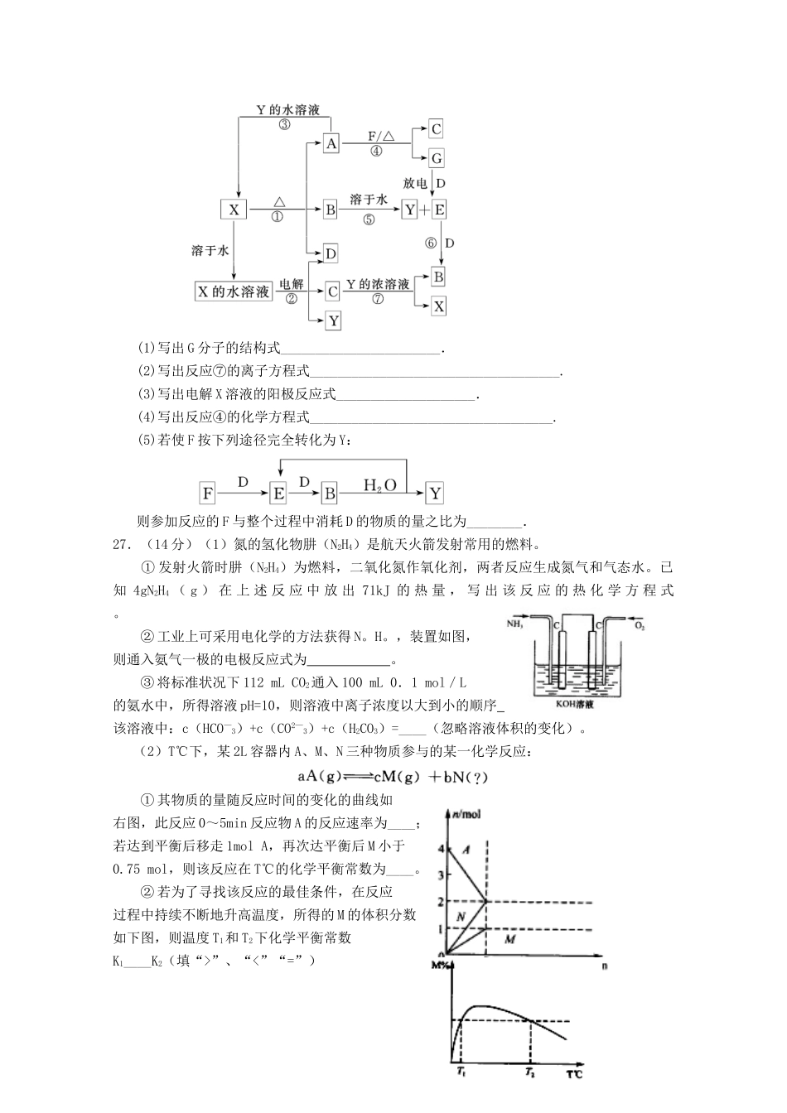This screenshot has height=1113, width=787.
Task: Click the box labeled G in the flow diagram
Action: (436, 158)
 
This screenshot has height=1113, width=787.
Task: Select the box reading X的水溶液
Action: (233, 291)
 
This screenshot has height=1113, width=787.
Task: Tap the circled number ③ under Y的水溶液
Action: (284, 125)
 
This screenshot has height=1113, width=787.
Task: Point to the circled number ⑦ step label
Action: (378, 299)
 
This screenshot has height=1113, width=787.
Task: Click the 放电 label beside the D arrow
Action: (416, 183)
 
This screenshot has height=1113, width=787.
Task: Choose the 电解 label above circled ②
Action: (291, 284)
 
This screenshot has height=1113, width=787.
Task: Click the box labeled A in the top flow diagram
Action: (331, 143)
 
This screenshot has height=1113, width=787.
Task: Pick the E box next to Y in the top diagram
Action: (438, 210)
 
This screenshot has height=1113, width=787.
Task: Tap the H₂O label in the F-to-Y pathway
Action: (380, 484)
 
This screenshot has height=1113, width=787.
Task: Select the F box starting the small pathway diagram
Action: (208, 494)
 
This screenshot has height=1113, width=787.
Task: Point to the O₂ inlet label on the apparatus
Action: (640, 626)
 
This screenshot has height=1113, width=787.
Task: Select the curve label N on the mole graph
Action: (460, 915)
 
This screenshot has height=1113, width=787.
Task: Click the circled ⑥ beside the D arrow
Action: (430, 243)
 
